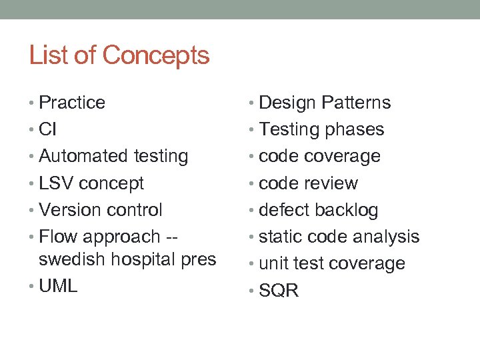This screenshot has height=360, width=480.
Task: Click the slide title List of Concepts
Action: pyautogui.click(x=119, y=55)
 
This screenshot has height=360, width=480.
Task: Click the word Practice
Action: pyautogui.click(x=72, y=103)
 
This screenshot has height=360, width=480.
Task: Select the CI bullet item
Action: pyautogui.click(x=48, y=129)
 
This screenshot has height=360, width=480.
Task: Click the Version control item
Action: pyautogui.click(x=101, y=210)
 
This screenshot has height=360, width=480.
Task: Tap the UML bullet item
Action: pyautogui.click(x=58, y=286)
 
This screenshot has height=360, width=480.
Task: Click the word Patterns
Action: pyautogui.click(x=356, y=103)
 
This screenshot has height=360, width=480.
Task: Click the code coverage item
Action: pyautogui.click(x=319, y=156)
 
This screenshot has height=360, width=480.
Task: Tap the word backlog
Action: pyautogui.click(x=346, y=210)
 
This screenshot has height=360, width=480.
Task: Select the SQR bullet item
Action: pyautogui.click(x=279, y=291)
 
